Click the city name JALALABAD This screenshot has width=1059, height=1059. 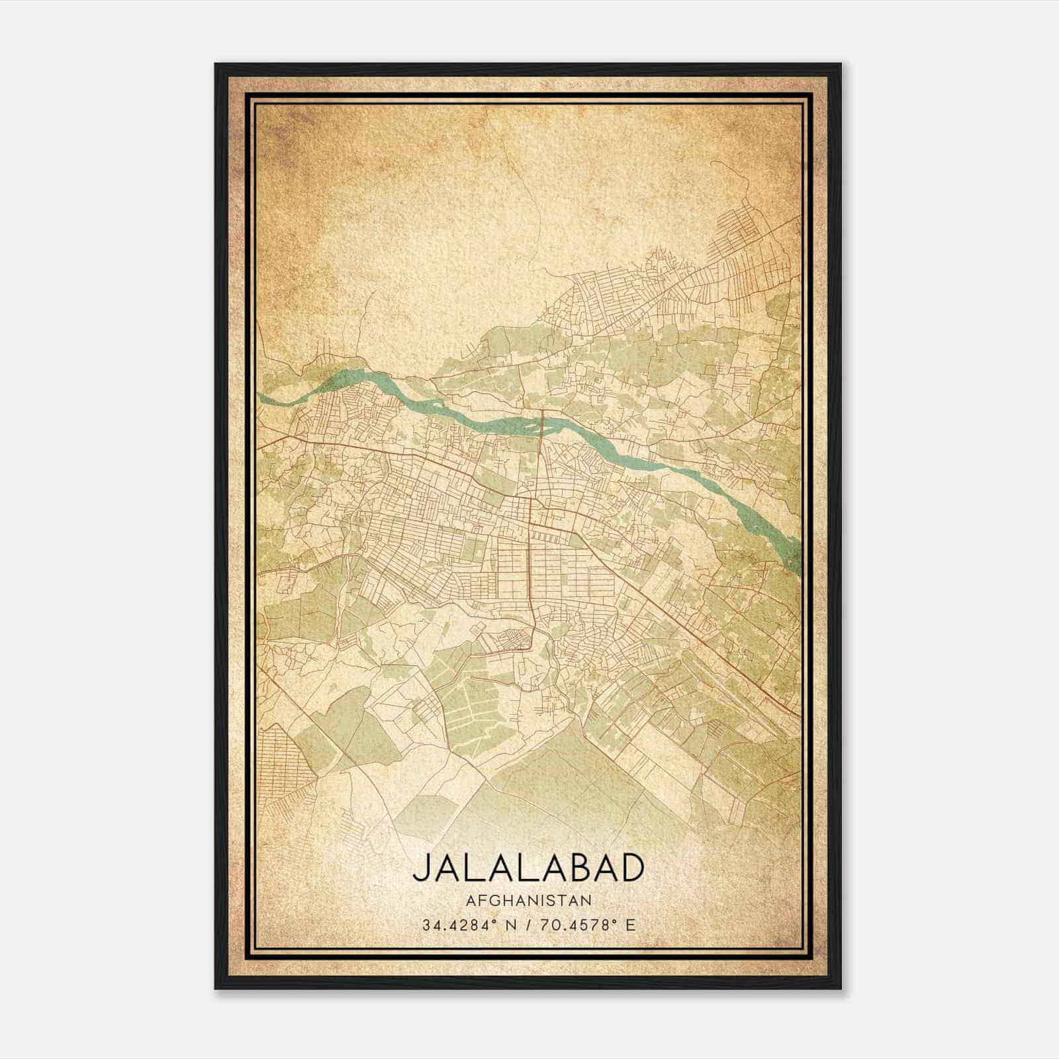coord(528,868)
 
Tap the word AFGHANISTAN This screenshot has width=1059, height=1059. coord(528,900)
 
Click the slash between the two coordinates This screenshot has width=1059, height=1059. coord(528,925)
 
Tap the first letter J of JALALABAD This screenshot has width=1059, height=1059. coord(421,869)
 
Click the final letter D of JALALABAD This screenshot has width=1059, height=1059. coord(632,868)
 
